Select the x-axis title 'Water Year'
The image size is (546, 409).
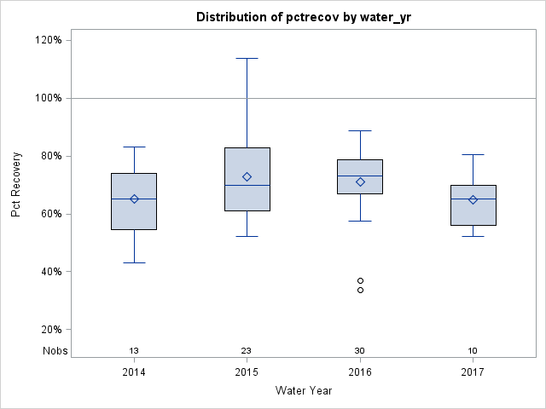pyautogui.click(x=304, y=391)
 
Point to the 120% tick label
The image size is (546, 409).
pyautogui.click(x=48, y=40)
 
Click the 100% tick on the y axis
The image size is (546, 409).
pyautogui.click(x=48, y=98)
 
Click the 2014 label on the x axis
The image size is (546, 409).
pyautogui.click(x=134, y=372)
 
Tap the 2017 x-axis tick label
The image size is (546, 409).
pyautogui.click(x=473, y=372)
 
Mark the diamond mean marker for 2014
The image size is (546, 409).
pyautogui.click(x=134, y=199)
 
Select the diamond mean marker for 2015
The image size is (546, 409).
pyautogui.click(x=247, y=176)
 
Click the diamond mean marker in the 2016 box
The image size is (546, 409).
pyautogui.click(x=360, y=181)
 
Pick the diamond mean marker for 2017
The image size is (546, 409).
pyautogui.click(x=473, y=199)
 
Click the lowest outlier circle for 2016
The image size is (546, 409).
pyautogui.click(x=360, y=290)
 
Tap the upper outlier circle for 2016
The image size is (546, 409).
pyautogui.click(x=360, y=280)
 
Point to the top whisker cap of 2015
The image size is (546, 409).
pyautogui.click(x=247, y=59)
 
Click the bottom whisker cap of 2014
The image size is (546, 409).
pyautogui.click(x=134, y=262)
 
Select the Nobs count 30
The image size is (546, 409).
pyautogui.click(x=360, y=351)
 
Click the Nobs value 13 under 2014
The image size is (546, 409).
pyautogui.click(x=134, y=351)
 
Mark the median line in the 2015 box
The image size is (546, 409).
pyautogui.click(x=247, y=185)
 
